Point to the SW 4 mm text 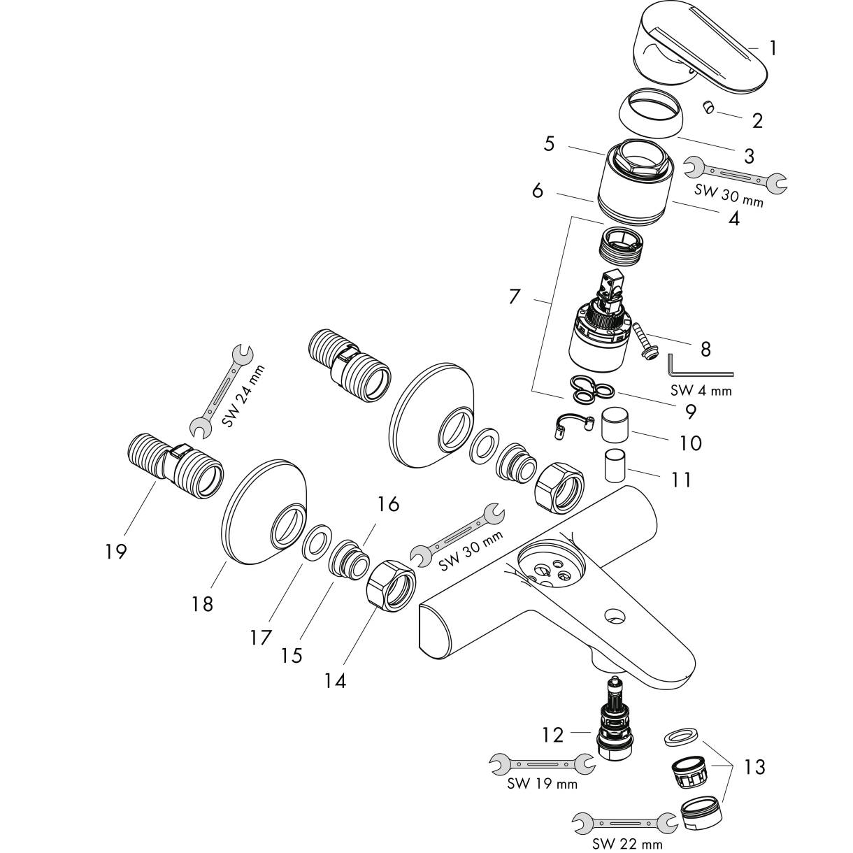(701, 390)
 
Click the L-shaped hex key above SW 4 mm (699, 365)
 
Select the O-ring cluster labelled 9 (592, 389)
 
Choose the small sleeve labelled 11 (615, 465)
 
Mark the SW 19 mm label (542, 784)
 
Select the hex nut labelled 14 (390, 586)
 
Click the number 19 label (115, 551)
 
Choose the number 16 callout (388, 503)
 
